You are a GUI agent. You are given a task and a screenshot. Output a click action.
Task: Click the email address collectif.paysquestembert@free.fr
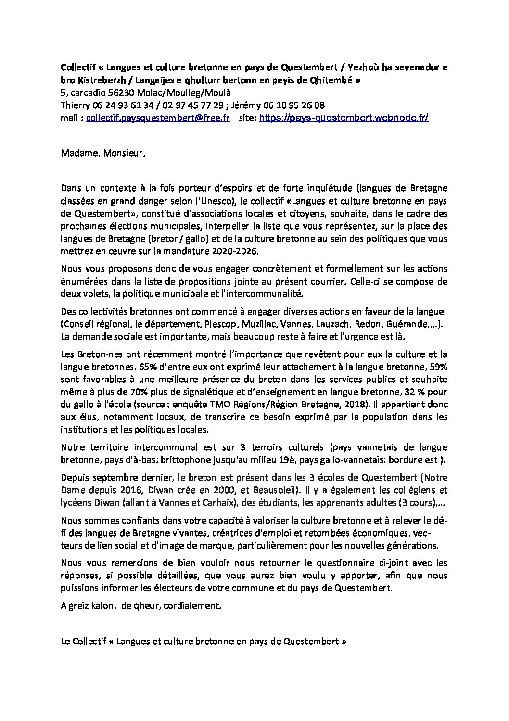click(157, 117)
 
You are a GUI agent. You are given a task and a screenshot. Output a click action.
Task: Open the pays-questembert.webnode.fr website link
click(344, 117)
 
